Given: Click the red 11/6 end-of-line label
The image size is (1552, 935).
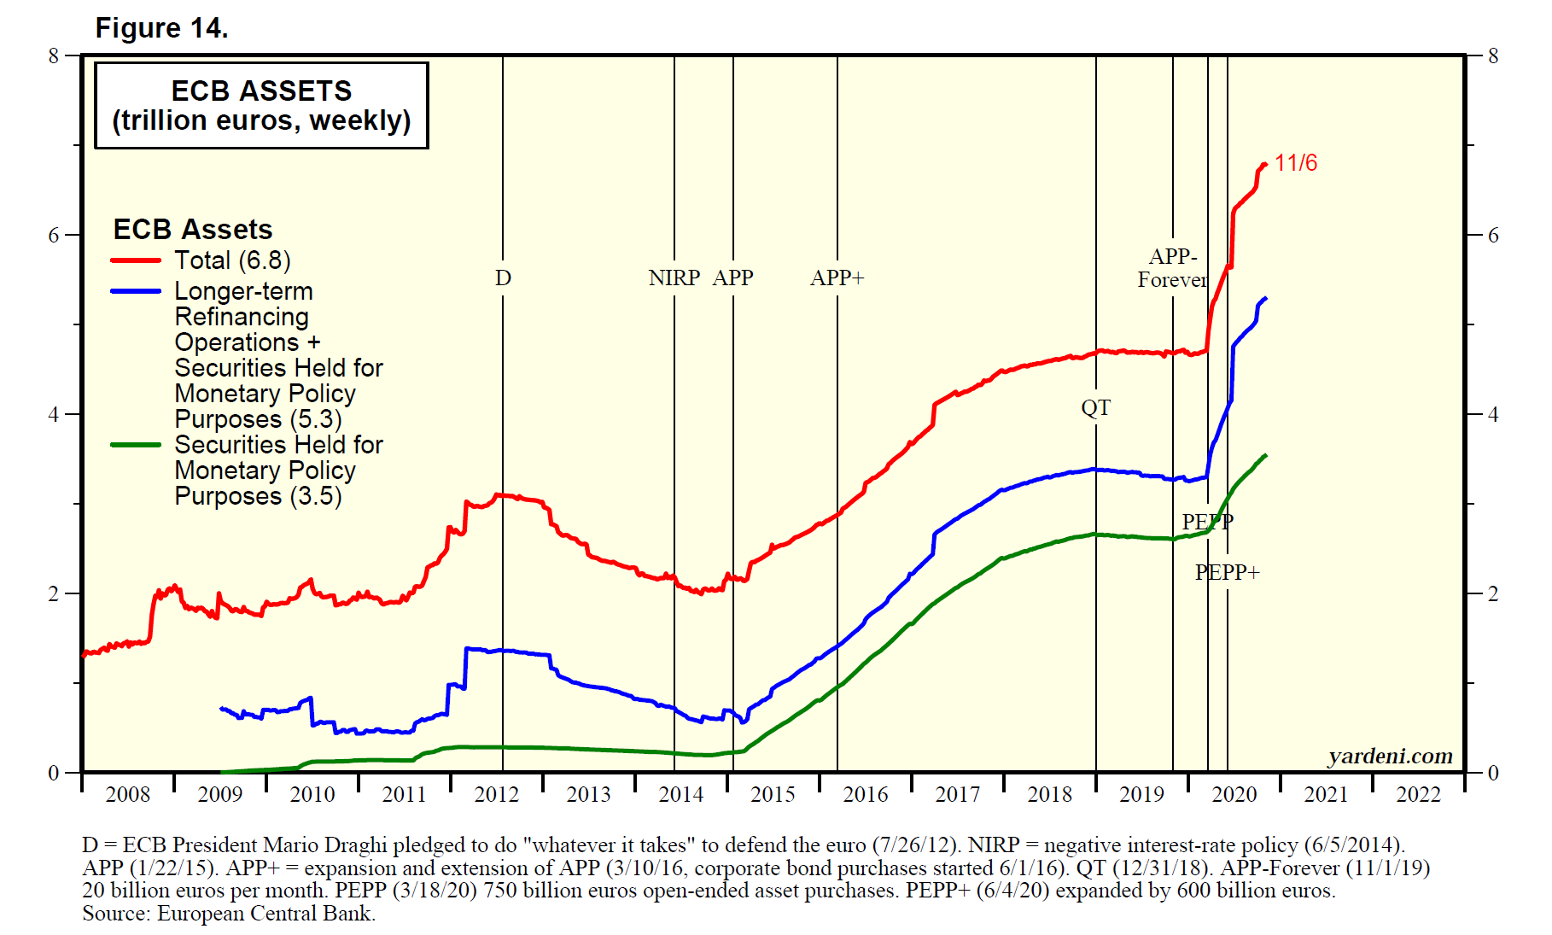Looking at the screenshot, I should tap(1295, 163).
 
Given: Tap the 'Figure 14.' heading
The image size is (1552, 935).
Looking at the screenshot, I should tap(161, 28).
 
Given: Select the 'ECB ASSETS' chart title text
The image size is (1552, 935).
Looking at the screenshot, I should tap(261, 91).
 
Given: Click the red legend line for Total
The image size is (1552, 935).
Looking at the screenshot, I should tap(136, 260).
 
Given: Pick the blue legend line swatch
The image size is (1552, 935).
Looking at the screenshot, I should tap(136, 291).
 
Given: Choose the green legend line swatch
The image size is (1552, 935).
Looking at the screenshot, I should tap(136, 445).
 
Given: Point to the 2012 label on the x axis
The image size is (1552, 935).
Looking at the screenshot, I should tap(496, 795).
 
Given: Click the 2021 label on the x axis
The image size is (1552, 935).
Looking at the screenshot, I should tap(1326, 795).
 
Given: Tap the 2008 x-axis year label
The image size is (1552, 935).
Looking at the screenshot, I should tap(127, 795).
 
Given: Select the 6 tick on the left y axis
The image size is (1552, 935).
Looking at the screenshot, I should tap(54, 236).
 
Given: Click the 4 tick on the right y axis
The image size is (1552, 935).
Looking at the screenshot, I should tap(1493, 415).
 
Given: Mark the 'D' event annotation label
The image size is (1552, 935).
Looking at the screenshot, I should tap(503, 278).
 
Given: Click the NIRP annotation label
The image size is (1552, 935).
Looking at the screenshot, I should tap(674, 278).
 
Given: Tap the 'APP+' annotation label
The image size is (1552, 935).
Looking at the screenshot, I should tap(837, 278).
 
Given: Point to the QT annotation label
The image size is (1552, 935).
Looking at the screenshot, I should tap(1095, 408).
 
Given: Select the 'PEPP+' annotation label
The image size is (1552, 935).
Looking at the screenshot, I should tap(1227, 573).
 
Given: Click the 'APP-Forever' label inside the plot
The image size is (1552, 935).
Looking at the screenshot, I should tap(1172, 268).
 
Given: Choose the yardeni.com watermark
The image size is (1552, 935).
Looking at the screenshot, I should tap(1390, 757).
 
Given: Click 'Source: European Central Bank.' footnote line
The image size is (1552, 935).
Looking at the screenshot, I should tap(229, 914).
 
